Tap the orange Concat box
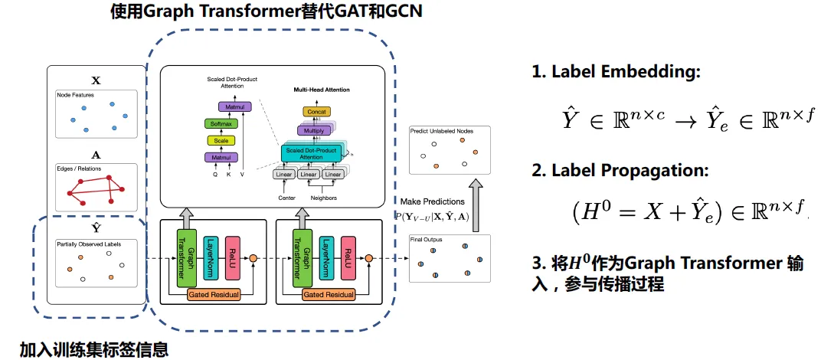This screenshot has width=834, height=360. (316, 112)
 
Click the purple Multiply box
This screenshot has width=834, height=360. (315, 131)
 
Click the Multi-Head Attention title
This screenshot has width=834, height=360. (322, 90)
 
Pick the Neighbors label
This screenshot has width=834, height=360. (322, 198)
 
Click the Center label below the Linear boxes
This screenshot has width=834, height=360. (286, 198)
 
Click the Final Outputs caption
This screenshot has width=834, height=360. (427, 240)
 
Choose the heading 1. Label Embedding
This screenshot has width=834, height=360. (616, 73)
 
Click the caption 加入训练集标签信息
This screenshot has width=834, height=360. (93, 349)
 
